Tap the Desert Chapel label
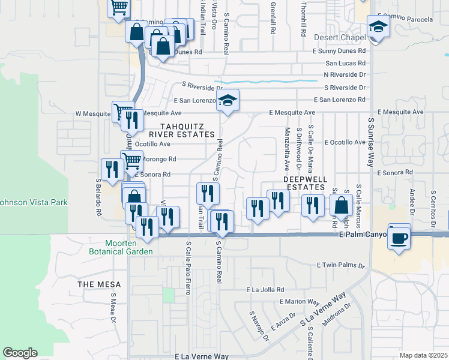pyautogui.click(x=340, y=38)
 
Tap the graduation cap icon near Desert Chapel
pyautogui.click(x=378, y=27)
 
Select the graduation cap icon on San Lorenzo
pyautogui.click(x=228, y=100)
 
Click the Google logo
pyautogui.click(x=20, y=353)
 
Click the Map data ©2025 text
pyautogui.click(x=423, y=355)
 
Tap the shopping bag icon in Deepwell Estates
pyautogui.click(x=342, y=205)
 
